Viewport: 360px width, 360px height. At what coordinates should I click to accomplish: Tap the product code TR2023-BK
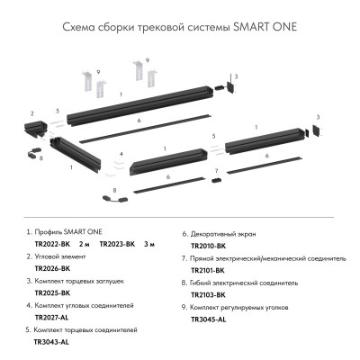click(x=118, y=244)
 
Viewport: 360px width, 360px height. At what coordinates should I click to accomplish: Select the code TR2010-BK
click(x=209, y=244)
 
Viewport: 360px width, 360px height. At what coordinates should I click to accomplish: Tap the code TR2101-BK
click(x=209, y=268)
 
